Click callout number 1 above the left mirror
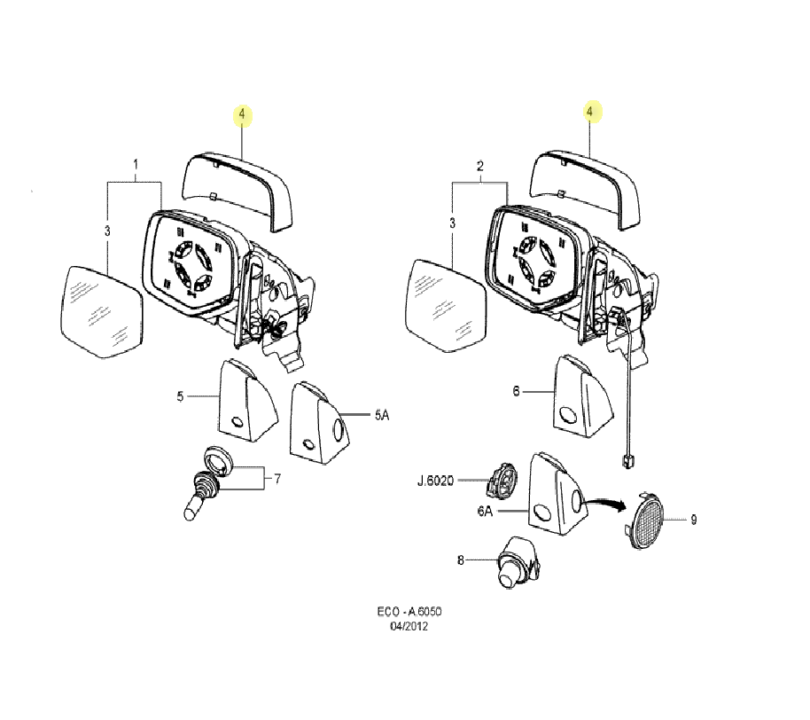136,164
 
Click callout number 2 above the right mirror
480,166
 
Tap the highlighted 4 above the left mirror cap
242,114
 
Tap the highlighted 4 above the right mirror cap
590,111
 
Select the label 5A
382,414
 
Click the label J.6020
435,481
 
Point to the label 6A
485,512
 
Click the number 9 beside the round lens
693,520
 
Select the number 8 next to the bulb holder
460,560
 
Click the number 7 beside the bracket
277,479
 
